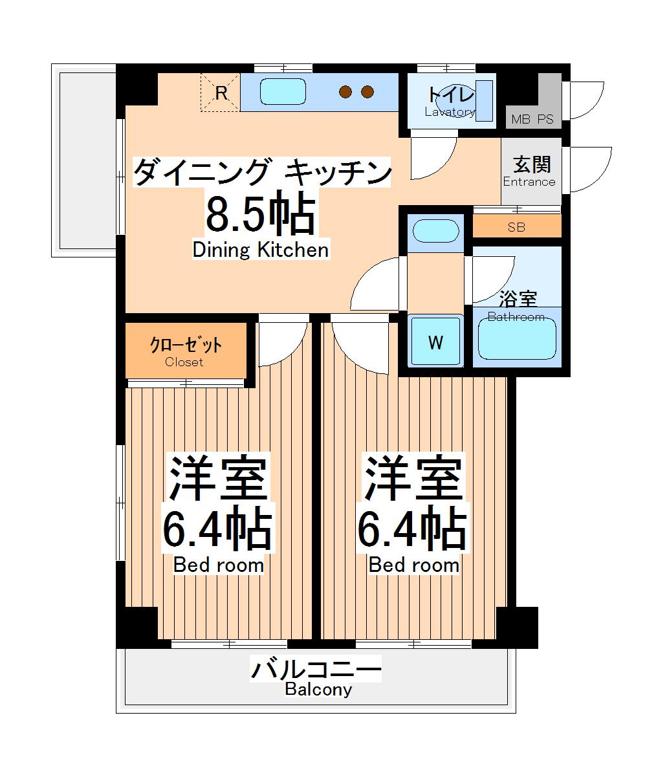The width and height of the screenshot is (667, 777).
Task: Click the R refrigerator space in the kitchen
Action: point(220,93)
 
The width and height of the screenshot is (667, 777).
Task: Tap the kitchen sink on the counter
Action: point(283,91)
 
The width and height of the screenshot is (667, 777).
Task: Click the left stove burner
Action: point(347,93)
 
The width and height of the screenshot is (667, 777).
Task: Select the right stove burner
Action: point(367,93)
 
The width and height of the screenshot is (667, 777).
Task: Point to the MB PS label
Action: point(532,120)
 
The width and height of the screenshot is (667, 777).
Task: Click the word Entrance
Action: point(529,182)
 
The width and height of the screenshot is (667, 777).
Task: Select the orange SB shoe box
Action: point(516,227)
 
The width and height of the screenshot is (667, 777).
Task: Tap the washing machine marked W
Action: point(436,342)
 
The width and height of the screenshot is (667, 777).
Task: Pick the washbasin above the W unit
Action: point(435,231)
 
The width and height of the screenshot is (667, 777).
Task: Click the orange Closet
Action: point(185,351)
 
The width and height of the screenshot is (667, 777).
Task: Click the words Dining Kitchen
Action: point(261,250)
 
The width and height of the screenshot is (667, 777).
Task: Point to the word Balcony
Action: point(318,690)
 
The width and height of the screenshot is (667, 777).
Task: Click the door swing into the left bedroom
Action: point(279,341)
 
